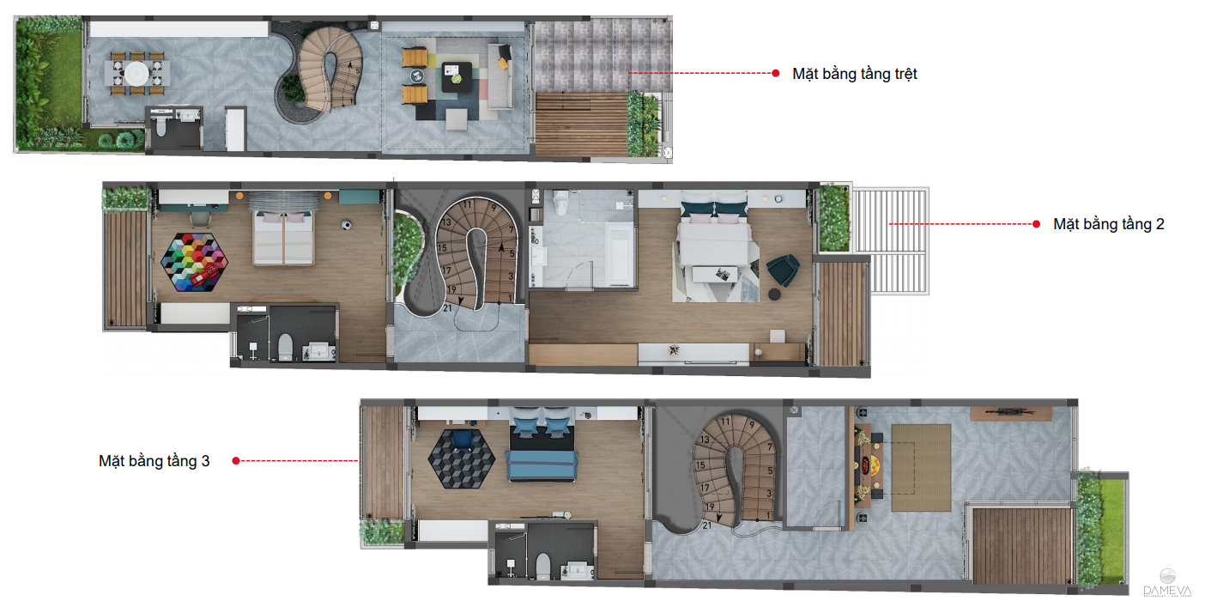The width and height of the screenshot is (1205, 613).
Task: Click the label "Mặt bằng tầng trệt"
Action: (854, 74)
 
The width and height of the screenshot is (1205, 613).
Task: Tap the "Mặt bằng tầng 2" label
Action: (1108, 224)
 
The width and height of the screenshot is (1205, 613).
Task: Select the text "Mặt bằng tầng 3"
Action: (154, 461)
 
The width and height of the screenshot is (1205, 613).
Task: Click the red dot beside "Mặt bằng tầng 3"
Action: (235, 461)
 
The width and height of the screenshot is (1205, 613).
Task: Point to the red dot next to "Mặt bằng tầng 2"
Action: (1037, 224)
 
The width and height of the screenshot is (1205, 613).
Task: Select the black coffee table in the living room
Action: (456, 76)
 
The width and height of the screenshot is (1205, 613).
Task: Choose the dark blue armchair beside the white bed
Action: (782, 268)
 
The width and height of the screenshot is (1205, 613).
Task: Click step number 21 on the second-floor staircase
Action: (448, 307)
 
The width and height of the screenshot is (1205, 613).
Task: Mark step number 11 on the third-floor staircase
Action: (726, 422)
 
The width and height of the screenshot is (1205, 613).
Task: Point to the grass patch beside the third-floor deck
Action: (1112, 519)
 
